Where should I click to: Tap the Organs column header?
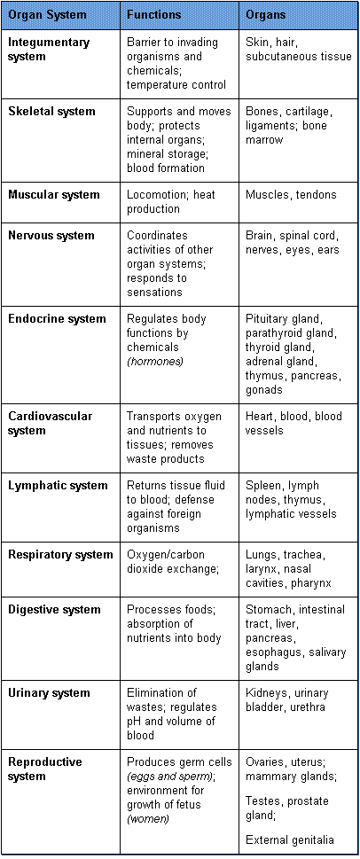pyautogui.click(x=266, y=15)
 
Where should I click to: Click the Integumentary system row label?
pyautogui.click(x=48, y=50)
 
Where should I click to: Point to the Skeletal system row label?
pyautogui.click(x=51, y=111)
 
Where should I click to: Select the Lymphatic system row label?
pyautogui.click(x=58, y=486)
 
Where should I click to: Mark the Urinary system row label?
pyautogui.click(x=50, y=692)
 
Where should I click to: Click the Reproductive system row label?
pyautogui.click(x=45, y=769)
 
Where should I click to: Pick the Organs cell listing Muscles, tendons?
pyautogui.click(x=291, y=194)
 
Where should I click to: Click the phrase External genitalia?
pyautogui.click(x=290, y=839)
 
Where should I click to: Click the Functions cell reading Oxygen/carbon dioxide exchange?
pyautogui.click(x=173, y=561)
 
